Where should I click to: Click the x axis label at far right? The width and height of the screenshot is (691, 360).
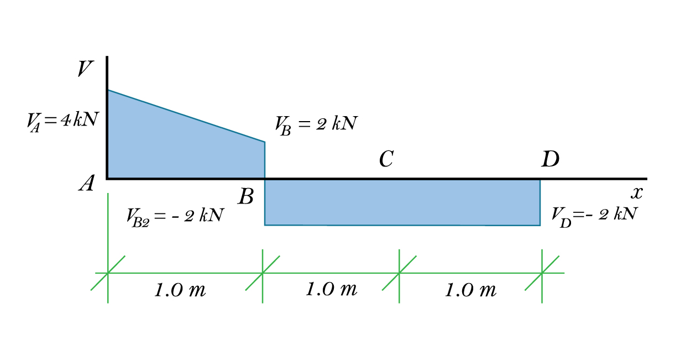pyautogui.click(x=637, y=193)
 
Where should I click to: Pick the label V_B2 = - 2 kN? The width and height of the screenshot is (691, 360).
pyautogui.click(x=175, y=215)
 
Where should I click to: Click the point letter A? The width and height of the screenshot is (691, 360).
pyautogui.click(x=86, y=184)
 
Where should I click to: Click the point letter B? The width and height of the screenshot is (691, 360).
pyautogui.click(x=246, y=196)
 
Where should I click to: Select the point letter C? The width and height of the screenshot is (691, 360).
pyautogui.click(x=386, y=160)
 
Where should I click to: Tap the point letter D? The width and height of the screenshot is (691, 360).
pyautogui.click(x=550, y=160)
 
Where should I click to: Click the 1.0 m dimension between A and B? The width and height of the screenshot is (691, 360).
pyautogui.click(x=180, y=290)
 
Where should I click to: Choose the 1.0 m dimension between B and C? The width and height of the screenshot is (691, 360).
pyautogui.click(x=331, y=289)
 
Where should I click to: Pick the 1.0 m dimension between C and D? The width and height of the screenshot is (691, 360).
pyautogui.click(x=470, y=290)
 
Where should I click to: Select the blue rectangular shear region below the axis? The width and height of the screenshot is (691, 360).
pyautogui.click(x=402, y=202)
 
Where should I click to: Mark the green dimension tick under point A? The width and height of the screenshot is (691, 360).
pyautogui.click(x=108, y=273)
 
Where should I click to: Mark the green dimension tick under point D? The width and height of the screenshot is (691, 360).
pyautogui.click(x=542, y=273)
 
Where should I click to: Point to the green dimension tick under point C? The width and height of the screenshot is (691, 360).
pyautogui.click(x=399, y=273)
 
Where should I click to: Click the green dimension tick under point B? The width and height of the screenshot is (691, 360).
pyautogui.click(x=263, y=273)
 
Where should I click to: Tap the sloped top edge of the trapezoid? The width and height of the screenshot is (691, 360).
pyautogui.click(x=186, y=116)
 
